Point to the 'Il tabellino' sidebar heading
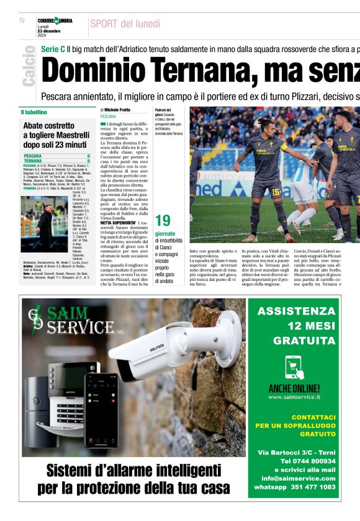34,112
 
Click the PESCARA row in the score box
56,156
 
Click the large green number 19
163,221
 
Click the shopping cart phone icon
294,368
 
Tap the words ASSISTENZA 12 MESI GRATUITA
295,325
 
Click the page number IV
22,20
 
